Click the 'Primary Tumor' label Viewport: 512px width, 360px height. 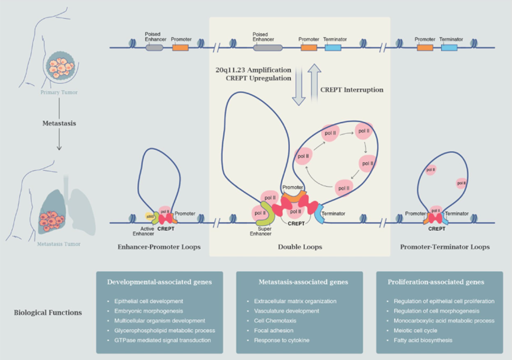[59, 93]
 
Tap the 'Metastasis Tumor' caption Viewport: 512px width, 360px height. [59, 244]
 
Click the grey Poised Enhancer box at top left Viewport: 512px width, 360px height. [154, 47]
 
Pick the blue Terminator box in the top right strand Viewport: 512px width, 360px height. [449, 47]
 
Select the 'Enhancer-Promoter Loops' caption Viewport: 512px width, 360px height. [158, 247]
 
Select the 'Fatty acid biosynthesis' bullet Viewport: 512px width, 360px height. [423, 340]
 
